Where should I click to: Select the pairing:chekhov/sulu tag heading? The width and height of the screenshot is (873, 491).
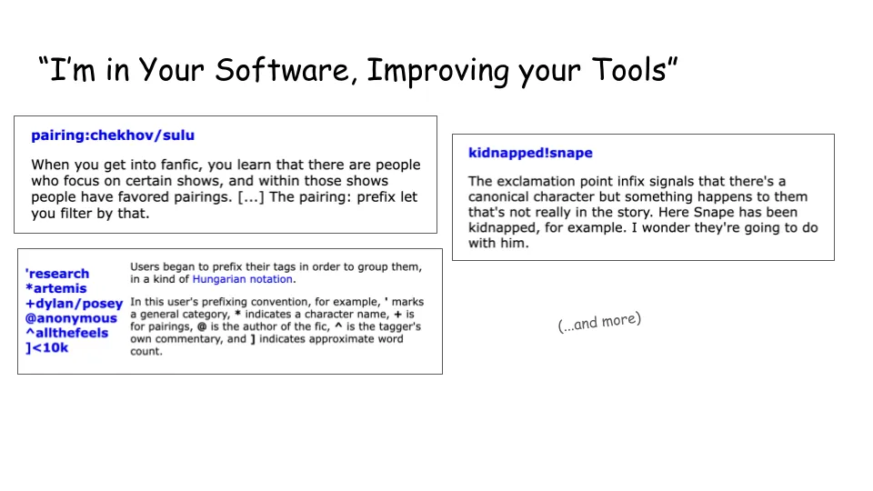tap(113, 135)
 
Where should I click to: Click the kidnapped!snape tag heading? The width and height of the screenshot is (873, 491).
tap(530, 153)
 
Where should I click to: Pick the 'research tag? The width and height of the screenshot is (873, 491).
tap(57, 274)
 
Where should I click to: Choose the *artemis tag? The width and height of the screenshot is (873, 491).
tap(56, 288)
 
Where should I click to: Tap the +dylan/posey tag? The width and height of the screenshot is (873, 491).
tap(74, 304)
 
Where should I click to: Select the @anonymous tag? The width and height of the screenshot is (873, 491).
tap(71, 318)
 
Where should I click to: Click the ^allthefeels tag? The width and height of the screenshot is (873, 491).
tap(66, 333)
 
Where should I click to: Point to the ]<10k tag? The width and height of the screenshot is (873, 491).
tap(46, 348)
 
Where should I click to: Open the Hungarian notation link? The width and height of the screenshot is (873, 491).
tap(242, 279)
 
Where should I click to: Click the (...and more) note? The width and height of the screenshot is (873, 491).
tap(599, 322)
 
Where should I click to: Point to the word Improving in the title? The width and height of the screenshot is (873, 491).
tap(438, 71)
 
